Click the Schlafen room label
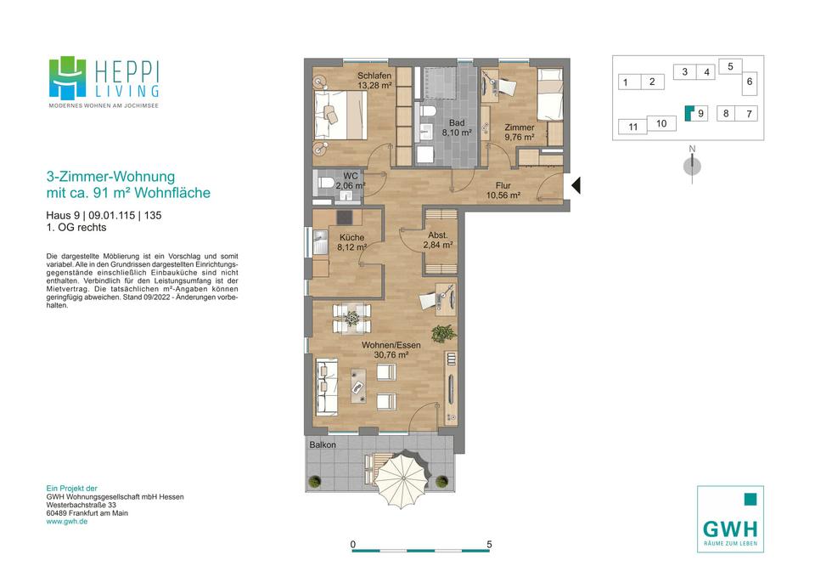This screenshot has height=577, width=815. click(374, 76)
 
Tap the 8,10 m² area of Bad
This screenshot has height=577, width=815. click(457, 133)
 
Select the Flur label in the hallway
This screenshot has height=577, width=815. click(503, 185)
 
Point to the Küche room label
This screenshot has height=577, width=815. click(351, 237)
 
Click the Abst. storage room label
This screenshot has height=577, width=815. click(438, 235)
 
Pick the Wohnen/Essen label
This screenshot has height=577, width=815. click(391, 345)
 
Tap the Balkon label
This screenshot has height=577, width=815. click(323, 444)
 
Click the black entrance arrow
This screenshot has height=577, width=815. click(576, 185)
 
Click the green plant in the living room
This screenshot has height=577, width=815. click(443, 333)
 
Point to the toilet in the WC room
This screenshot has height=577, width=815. click(326, 184)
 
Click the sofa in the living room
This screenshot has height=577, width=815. click(327, 386)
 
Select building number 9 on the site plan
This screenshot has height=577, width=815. click(701, 113)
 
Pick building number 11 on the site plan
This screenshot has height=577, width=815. click(632, 127)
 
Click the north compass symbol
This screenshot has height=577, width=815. click(692, 166)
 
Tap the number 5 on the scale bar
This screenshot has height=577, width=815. click(489, 544)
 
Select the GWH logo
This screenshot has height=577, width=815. click(730, 519)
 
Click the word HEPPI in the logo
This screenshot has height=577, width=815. click(126, 71)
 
